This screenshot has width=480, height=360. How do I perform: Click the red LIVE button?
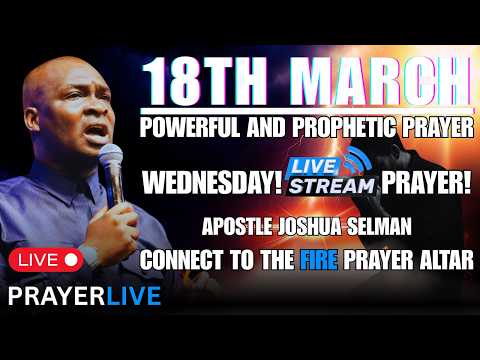pos(44,260)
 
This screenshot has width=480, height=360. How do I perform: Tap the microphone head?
pos(110,158)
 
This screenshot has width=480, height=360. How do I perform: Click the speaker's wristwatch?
pos(89,256)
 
